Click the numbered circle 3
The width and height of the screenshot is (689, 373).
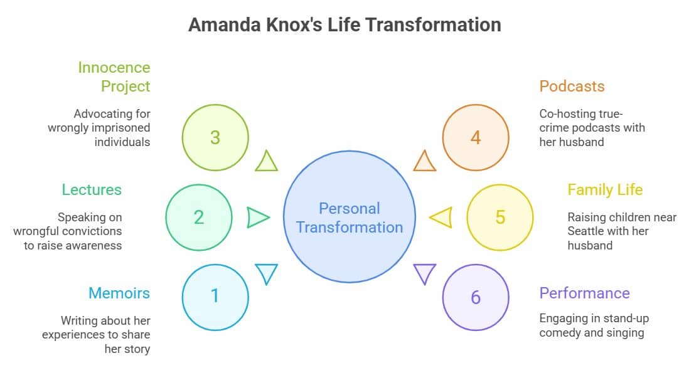pyautogui.click(x=215, y=137)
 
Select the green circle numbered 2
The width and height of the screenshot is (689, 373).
pyautogui.click(x=198, y=217)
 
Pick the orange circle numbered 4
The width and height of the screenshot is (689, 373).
pyautogui.click(x=475, y=137)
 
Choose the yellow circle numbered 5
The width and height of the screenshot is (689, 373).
pyautogui.click(x=499, y=217)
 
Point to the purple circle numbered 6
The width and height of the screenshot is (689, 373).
pyautogui.click(x=475, y=297)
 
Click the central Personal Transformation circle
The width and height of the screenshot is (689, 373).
pyautogui.click(x=349, y=218)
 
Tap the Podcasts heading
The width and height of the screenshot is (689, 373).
pyautogui.click(x=572, y=86)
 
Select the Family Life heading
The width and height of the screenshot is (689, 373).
pyautogui.click(x=605, y=189)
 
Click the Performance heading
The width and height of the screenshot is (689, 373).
pyautogui.click(x=584, y=293)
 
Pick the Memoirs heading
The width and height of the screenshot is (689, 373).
pyautogui.click(x=119, y=293)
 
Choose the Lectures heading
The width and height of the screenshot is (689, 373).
pyautogui.click(x=92, y=189)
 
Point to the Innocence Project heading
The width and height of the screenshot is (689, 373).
pyautogui.click(x=114, y=76)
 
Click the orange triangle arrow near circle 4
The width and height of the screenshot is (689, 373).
pyautogui.click(x=425, y=162)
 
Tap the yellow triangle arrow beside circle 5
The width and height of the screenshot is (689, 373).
pyautogui.click(x=441, y=217)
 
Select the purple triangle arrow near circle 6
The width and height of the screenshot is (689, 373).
pyautogui.click(x=425, y=273)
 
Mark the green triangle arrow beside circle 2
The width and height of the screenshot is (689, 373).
pyautogui.click(x=257, y=217)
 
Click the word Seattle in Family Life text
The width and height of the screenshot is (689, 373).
pyautogui.click(x=587, y=231)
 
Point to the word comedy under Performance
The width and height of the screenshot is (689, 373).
pyautogui.click(x=560, y=332)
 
